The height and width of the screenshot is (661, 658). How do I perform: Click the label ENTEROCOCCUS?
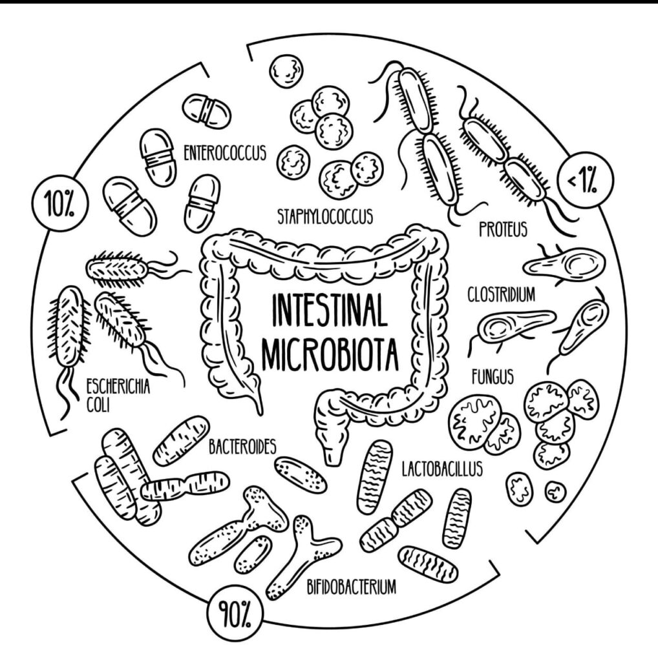click(224, 154)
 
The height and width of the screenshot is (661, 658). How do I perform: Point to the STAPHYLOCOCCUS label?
click(324, 216)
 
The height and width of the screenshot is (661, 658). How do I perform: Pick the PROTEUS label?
click(504, 228)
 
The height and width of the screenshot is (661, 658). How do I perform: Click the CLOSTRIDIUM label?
click(502, 296)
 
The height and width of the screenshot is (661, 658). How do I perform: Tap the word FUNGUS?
click(493, 376)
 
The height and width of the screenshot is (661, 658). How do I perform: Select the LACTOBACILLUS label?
click(441, 469)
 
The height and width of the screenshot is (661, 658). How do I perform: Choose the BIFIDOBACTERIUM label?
click(351, 587)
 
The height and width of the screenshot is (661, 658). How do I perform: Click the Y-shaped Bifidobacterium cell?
click(301, 553)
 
